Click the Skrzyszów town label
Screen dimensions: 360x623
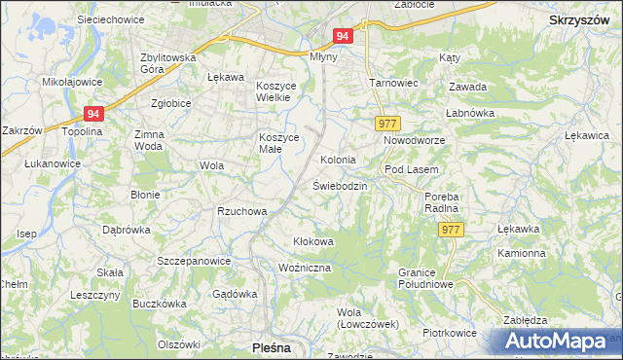pos(579,19)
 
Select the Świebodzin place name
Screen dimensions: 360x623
pos(340,185)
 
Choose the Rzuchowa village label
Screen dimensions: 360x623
pos(241,211)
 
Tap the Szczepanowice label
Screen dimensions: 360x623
pos(194,261)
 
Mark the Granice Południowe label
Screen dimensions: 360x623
pos(426,277)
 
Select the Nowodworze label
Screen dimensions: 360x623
pos(413,141)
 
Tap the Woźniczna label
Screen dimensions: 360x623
pos(305,268)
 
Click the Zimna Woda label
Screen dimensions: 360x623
pos(149,139)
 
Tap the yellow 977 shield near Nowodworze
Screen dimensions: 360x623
pos(386,123)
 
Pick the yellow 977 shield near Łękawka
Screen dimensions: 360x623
pos(450,230)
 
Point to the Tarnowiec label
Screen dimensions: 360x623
pos(393,83)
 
